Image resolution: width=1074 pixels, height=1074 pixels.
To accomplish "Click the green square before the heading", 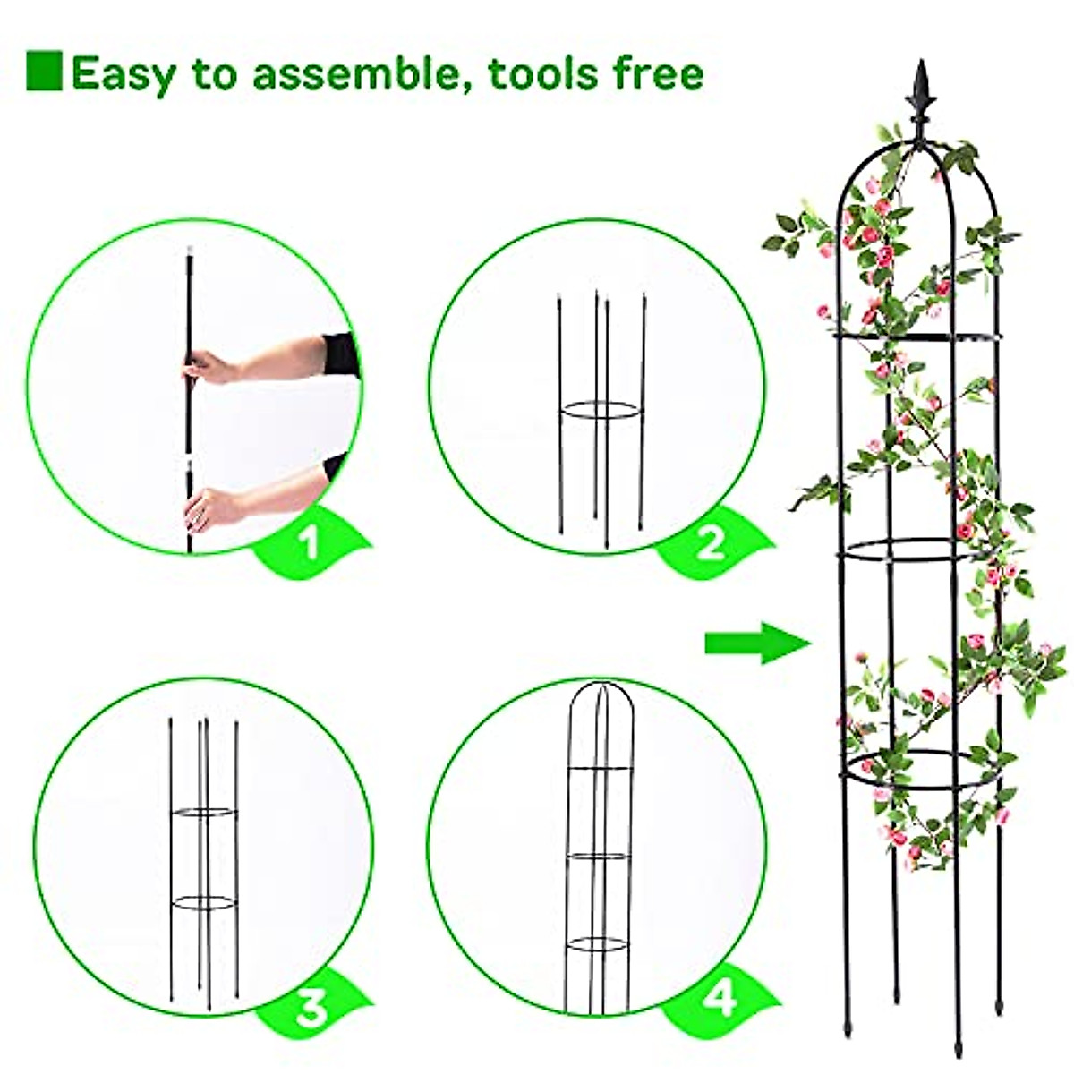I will tap(44, 72).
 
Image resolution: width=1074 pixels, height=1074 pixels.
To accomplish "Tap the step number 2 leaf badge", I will tap(711, 542).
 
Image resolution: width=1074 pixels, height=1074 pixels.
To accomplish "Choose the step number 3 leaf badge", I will tap(312, 1010).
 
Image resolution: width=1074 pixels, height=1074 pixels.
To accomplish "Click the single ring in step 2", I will tap(601, 412).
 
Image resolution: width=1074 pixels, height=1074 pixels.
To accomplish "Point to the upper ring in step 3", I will tap(206, 813).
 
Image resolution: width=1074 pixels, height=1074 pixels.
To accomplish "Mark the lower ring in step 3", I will tap(205, 902).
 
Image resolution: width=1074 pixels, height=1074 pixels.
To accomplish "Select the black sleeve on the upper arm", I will tap(342, 354).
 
